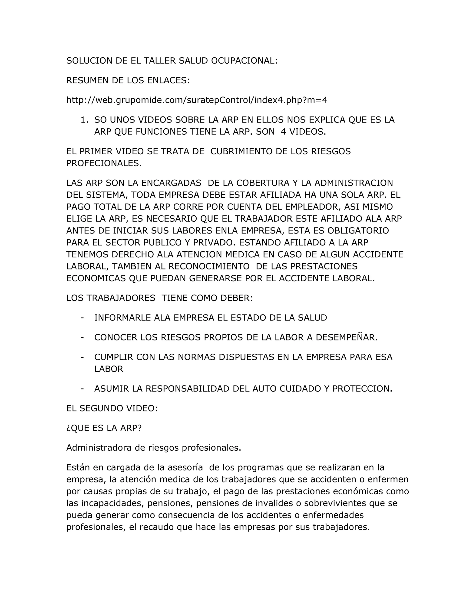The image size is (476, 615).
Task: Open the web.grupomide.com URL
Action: tap(197, 100)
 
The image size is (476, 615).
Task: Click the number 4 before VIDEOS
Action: tap(283, 132)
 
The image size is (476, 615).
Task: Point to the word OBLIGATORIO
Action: tap(358, 230)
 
